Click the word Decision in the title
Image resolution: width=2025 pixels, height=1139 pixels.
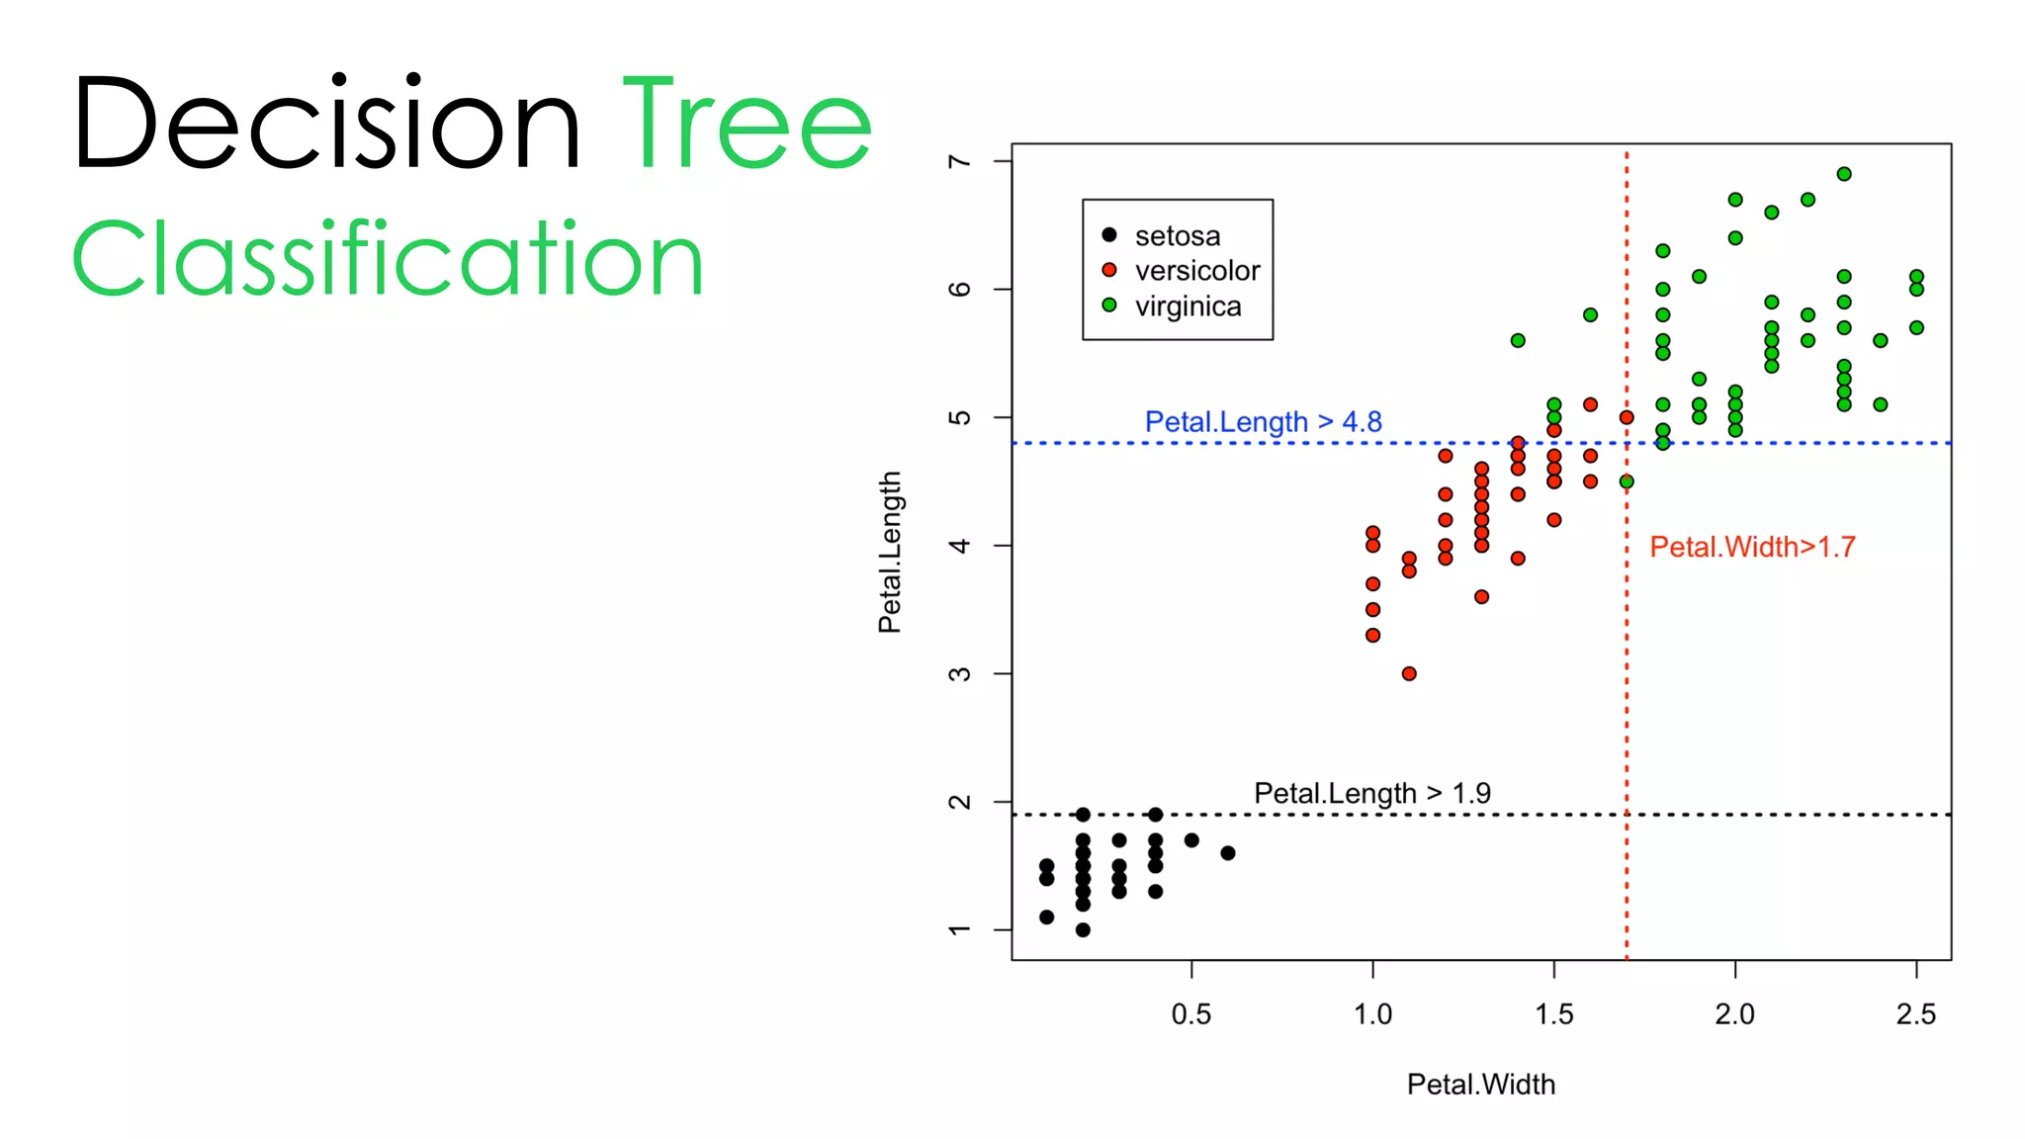click(x=326, y=124)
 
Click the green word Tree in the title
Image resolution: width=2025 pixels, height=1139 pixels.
click(x=748, y=124)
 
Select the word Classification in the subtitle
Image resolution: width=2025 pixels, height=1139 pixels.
click(x=388, y=259)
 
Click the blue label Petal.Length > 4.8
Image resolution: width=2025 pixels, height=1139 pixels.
click(x=1263, y=422)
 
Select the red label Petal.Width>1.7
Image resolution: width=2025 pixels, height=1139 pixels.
click(x=1752, y=547)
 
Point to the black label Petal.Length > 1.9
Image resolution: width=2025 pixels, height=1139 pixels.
click(x=1371, y=793)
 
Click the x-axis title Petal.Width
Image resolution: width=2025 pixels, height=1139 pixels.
click(x=1480, y=1085)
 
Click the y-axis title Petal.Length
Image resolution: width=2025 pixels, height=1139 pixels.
click(x=890, y=552)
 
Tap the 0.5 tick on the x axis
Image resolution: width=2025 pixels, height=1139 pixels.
click(x=1190, y=1013)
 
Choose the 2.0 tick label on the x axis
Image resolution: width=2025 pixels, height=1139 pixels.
click(x=1734, y=1013)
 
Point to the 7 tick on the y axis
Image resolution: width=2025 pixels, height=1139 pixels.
click(x=959, y=161)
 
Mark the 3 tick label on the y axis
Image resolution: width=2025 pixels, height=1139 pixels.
click(x=959, y=674)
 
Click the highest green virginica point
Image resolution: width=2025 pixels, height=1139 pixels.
click(x=1844, y=174)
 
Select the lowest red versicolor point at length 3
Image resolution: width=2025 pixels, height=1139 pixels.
click(x=1409, y=673)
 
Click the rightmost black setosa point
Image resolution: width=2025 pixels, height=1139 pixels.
click(x=1227, y=853)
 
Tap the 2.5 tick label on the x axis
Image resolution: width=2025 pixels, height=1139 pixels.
click(x=1915, y=1013)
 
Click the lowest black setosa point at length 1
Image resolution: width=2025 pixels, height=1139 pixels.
click(x=1083, y=929)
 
